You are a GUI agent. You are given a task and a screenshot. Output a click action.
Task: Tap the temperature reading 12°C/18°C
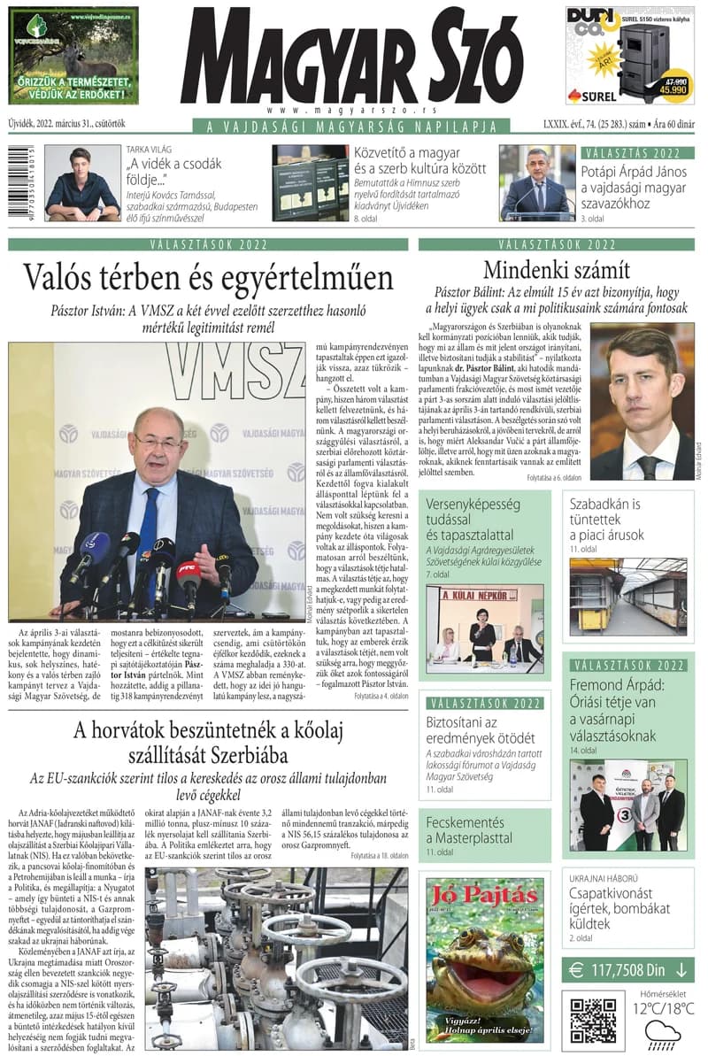[x=663, y=1008]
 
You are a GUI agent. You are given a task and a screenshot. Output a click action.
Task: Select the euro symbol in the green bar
[x=576, y=969]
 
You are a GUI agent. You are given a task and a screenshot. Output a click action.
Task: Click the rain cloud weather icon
[x=663, y=1032]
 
